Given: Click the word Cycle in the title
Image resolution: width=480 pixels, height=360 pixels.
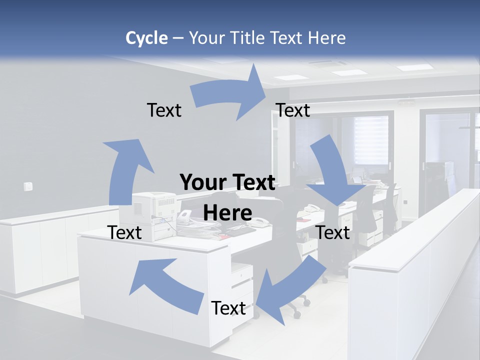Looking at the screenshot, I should [146, 38].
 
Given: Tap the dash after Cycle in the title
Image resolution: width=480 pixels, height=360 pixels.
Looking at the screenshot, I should [178, 38].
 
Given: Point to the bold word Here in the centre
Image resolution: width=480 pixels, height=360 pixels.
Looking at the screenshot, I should [227, 213].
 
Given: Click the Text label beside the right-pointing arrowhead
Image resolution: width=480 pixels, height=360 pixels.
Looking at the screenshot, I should [293, 110].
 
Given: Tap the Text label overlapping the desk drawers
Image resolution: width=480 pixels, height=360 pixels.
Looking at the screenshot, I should [228, 308].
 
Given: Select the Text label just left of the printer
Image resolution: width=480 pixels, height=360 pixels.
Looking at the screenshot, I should [125, 232].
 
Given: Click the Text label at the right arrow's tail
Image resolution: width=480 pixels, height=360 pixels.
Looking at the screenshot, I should [164, 110].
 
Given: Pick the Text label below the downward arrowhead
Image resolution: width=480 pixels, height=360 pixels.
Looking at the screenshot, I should [333, 232].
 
